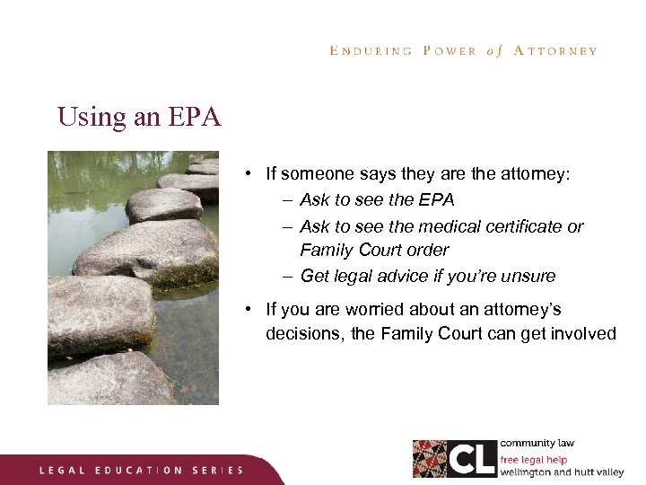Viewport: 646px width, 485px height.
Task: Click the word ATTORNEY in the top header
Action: [x=555, y=51]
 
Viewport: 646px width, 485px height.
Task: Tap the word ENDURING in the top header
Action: [x=371, y=51]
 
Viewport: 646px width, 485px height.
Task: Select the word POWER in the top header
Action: [x=450, y=51]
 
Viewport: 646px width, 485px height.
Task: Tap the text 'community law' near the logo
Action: [x=537, y=444]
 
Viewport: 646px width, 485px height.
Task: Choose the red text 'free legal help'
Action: [x=534, y=460]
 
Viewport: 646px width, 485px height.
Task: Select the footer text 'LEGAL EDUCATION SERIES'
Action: [x=141, y=470]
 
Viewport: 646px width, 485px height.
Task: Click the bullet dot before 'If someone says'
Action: [x=246, y=174]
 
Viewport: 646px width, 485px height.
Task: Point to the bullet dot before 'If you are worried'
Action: [x=246, y=310]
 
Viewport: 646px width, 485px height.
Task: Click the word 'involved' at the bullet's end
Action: [x=584, y=334]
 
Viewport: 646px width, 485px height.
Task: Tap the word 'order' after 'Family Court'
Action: [x=428, y=251]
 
